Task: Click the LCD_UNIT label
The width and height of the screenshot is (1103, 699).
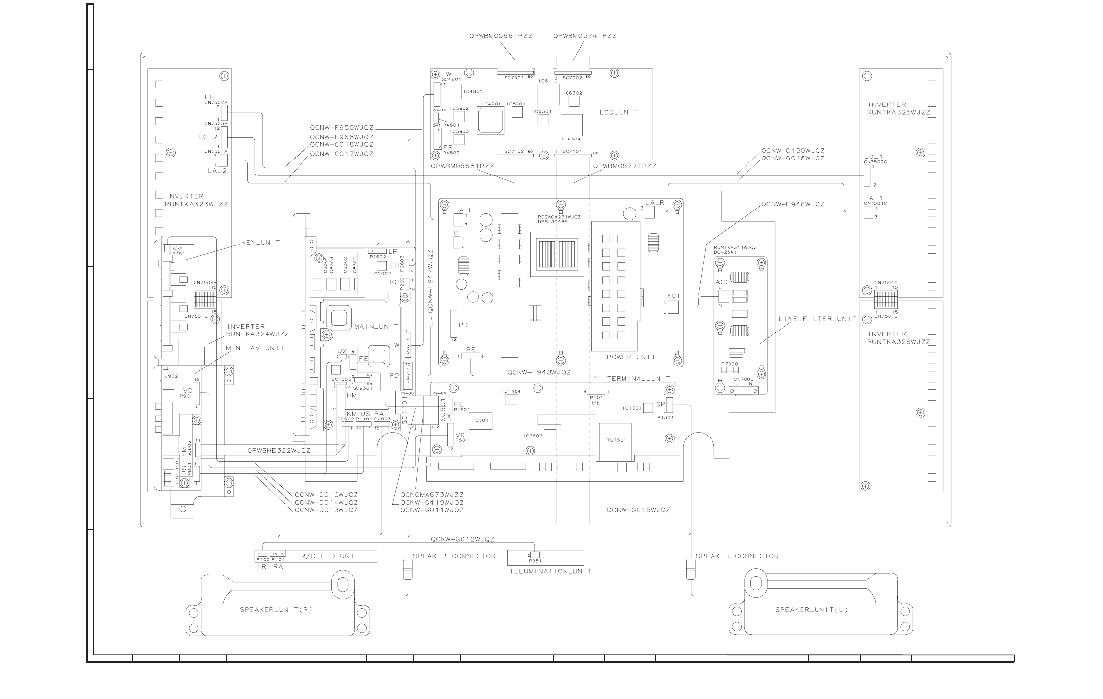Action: coord(618,112)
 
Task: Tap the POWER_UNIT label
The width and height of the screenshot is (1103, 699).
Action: coord(631,357)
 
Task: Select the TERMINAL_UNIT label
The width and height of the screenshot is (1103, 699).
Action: coord(638,378)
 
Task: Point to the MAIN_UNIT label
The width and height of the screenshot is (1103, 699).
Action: coord(376,326)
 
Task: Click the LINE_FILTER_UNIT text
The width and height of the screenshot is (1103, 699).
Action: coord(817,319)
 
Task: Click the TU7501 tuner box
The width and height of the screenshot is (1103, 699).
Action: coord(616,441)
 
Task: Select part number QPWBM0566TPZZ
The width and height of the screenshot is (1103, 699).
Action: coord(501,36)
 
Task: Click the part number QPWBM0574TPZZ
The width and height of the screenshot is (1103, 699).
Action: coord(585,36)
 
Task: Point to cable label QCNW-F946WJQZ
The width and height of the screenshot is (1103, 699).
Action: coord(793,204)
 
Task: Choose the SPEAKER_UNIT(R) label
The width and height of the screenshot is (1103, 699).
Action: coord(276,610)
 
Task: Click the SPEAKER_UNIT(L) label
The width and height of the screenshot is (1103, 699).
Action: coord(811,610)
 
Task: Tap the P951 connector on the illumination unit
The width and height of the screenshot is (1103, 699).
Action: coord(534,555)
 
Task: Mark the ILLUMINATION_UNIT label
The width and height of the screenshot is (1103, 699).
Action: coord(551,571)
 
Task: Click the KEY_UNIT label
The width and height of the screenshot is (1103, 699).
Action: coord(261,242)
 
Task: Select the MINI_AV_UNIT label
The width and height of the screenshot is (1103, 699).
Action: coord(255,348)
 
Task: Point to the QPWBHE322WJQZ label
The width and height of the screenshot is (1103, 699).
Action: coord(279,451)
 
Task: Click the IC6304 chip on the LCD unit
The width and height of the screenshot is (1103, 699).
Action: coord(571,125)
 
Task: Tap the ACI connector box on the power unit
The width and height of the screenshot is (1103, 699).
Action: coord(673,307)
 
